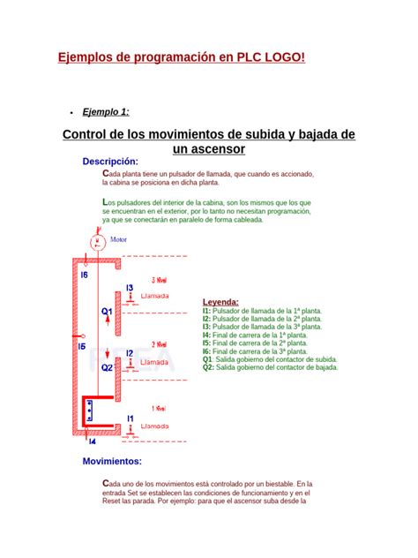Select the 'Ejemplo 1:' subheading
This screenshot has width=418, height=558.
(x=106, y=111)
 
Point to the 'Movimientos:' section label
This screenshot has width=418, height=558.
(x=112, y=461)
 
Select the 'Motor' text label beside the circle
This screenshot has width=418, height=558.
(x=118, y=239)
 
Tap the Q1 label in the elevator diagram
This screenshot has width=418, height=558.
(x=107, y=312)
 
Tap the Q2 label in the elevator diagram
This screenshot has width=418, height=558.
(x=107, y=367)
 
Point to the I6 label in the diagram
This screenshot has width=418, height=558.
(x=85, y=275)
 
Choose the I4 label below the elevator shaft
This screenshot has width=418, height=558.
(x=92, y=441)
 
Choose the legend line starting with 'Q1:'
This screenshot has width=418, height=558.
(x=269, y=359)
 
